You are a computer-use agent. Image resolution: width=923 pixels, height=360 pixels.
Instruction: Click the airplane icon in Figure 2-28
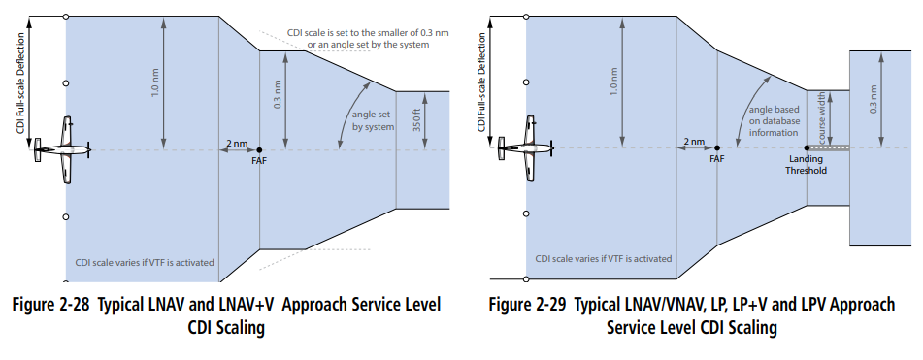point(62,149)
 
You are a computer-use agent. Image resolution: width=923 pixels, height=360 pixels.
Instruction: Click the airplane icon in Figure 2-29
point(522,149)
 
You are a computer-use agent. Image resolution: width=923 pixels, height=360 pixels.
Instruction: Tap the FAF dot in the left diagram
point(259,150)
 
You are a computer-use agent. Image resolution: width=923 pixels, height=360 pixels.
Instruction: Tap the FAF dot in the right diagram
point(716,149)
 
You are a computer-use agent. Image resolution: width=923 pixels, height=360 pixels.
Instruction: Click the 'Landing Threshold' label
point(807,165)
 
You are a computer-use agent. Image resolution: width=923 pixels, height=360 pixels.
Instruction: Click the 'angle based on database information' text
point(775,122)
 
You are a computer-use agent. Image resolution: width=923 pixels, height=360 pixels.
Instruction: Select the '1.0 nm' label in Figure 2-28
point(154,83)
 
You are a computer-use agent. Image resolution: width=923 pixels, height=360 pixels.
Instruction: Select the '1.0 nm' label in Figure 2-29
point(613,83)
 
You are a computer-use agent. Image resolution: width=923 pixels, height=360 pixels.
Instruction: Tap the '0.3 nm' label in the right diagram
point(873,100)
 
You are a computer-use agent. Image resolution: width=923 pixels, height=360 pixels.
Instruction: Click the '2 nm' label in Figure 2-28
point(236,142)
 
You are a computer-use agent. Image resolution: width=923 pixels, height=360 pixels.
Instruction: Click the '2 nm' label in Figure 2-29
point(693,142)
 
